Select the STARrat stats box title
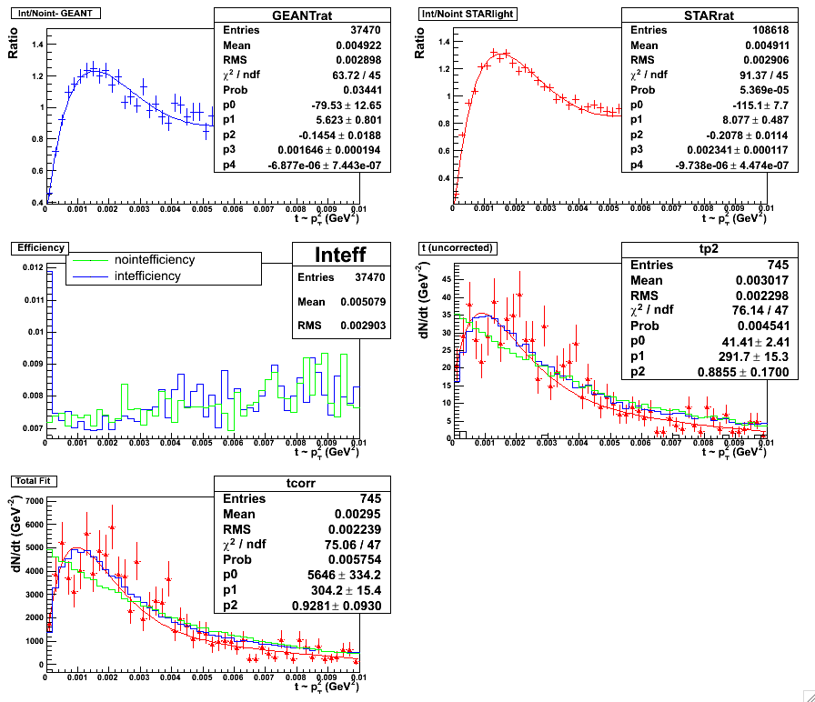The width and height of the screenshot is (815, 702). coord(696,15)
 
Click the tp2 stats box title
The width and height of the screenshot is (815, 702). coord(696,249)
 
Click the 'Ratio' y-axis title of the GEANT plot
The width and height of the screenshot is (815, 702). coord(13,47)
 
